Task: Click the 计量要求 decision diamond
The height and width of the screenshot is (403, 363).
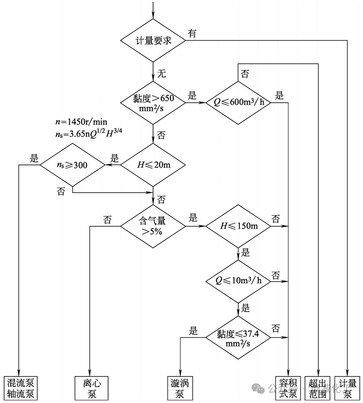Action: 153,41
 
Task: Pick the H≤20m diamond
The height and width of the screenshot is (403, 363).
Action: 153,165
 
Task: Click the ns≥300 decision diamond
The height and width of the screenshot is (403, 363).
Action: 72,165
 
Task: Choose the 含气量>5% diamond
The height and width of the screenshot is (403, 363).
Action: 153,226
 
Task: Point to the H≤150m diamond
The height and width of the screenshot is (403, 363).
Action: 238,226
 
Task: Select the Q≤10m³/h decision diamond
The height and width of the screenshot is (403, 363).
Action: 238,281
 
